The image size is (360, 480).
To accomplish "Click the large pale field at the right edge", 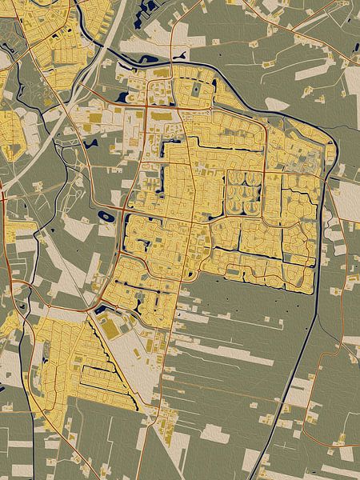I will tap(345, 200).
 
